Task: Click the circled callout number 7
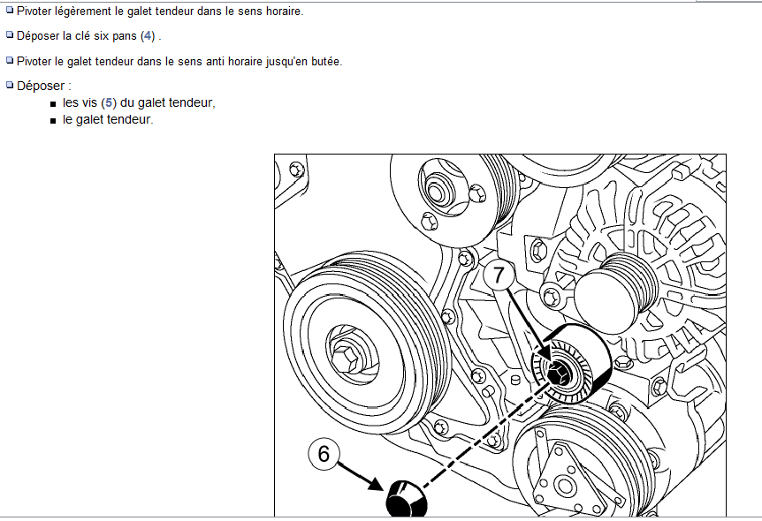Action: click(499, 276)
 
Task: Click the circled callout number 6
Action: click(324, 454)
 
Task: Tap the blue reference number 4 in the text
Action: click(148, 36)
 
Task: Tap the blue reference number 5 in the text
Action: click(109, 103)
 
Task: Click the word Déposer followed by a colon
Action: click(43, 86)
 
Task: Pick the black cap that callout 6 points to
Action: click(407, 499)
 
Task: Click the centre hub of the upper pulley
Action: click(436, 193)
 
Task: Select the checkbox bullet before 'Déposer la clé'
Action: click(10, 34)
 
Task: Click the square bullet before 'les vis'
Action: click(53, 104)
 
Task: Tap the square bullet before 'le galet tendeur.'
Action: click(53, 121)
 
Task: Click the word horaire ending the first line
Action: click(285, 11)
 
